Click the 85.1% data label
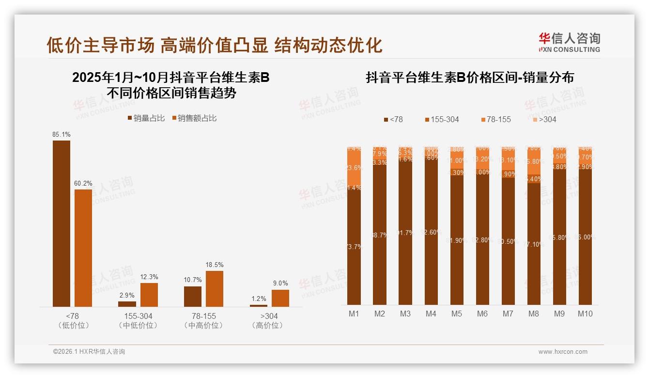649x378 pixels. pos(62,134)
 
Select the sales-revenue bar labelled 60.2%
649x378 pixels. pos(83,247)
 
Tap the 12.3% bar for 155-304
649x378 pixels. pos(149,295)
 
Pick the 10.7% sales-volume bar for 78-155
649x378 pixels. pos(193,296)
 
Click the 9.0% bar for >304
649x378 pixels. pos(280,298)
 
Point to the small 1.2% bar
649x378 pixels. pos(259,305)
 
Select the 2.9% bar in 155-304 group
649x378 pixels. pos(127,304)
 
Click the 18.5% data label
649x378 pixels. pos(215,265)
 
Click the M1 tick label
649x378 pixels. pos(354,314)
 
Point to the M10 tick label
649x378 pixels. pos(585,314)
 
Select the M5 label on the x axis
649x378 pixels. pos(457,314)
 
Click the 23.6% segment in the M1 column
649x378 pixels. pos(354,168)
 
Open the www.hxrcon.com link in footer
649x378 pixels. pos(563,352)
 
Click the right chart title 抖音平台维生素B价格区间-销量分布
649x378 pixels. pos(469,78)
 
